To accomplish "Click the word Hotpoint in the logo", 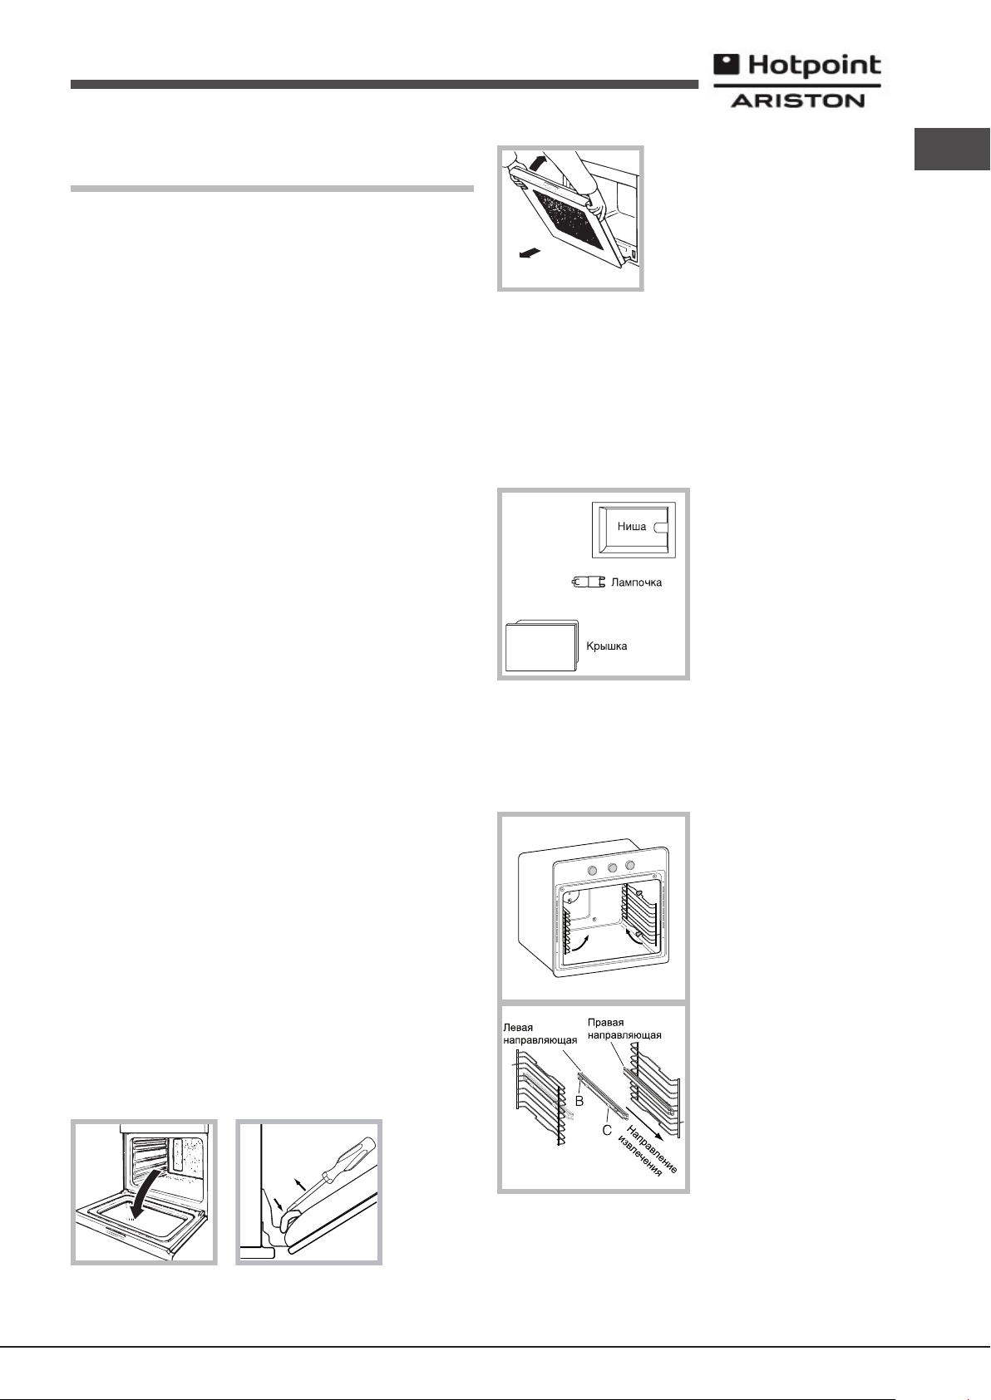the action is coord(814,66).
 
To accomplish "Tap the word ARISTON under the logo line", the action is coord(798,100).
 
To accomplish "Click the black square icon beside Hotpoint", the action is coord(727,65).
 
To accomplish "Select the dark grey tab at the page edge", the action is coord(952,149).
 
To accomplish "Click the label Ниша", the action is coord(632,526).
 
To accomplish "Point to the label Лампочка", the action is coord(636,582).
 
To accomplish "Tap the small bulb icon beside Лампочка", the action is coord(589,582).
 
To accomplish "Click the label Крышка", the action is coord(606,646).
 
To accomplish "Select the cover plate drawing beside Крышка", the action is coord(541,645).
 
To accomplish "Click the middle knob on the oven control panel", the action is coord(612,867).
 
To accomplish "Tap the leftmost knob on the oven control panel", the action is coord(591,870).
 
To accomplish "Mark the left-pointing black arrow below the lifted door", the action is coord(528,253).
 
